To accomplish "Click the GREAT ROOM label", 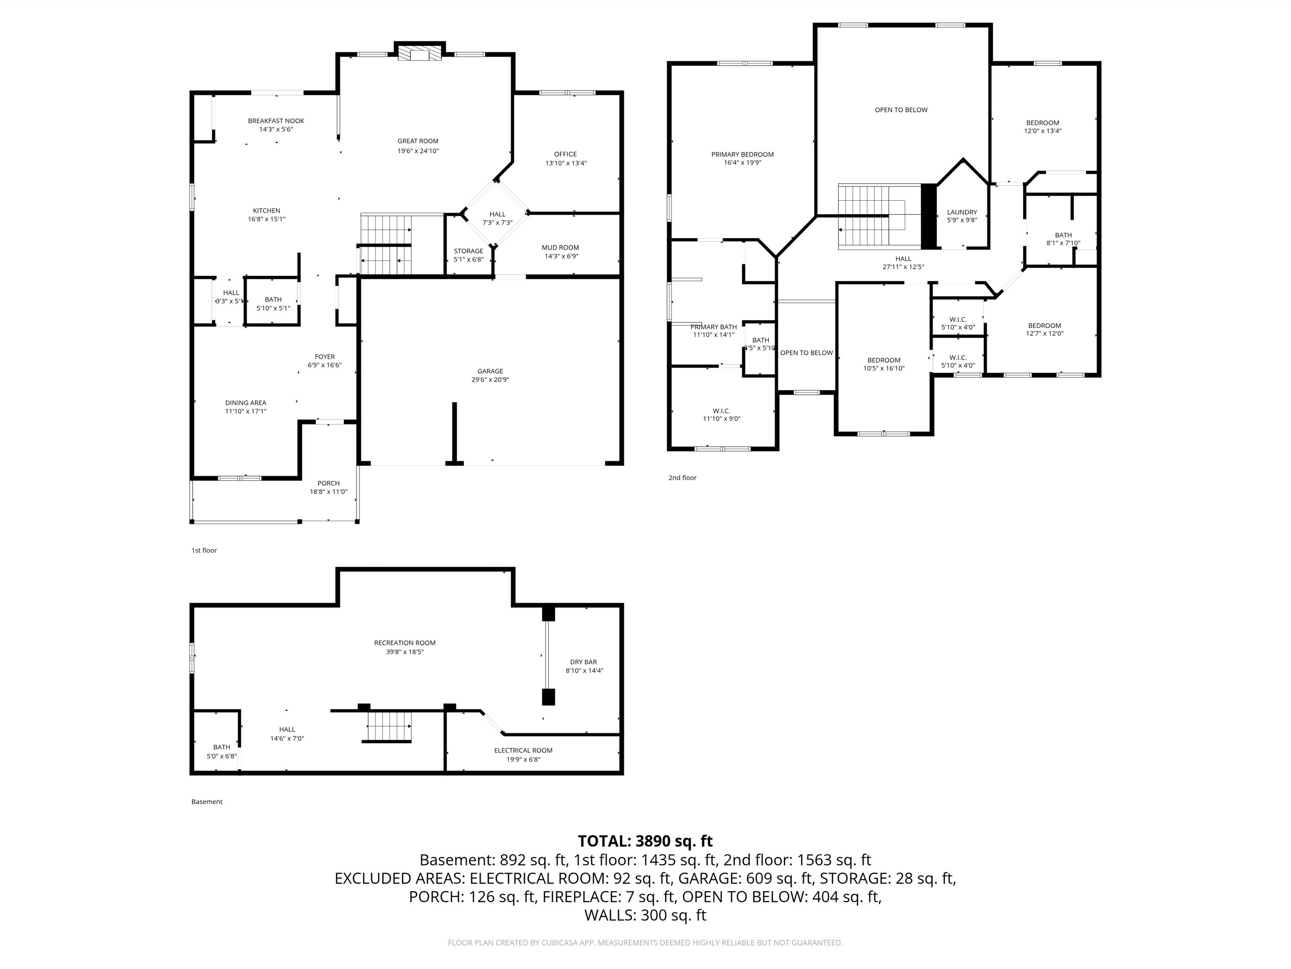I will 418,141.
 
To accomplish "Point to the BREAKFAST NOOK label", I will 276,121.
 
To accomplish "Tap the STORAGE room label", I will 469,251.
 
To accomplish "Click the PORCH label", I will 329,483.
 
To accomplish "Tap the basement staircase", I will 389,726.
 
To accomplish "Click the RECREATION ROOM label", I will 404,643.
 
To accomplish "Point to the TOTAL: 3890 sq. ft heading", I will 645,841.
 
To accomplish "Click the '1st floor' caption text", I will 204,550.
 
